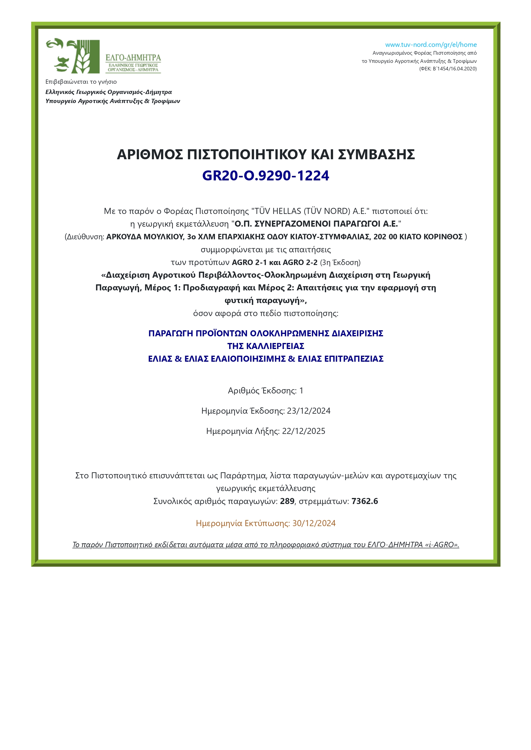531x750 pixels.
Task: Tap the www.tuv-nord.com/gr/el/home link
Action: [430, 45]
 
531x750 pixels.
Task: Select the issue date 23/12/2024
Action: [308, 411]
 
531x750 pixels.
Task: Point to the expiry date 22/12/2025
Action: [304, 431]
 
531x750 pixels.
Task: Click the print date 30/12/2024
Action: [314, 523]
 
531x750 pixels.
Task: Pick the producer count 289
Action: [287, 501]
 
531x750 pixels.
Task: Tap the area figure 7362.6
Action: [364, 501]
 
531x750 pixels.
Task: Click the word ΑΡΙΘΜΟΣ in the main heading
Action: [150, 154]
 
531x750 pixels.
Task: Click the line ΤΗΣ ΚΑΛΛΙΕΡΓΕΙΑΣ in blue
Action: [266, 346]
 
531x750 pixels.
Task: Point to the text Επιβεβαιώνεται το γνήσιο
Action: [81, 82]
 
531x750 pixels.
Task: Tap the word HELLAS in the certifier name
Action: [288, 211]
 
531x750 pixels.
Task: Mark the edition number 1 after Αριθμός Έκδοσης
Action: [301, 390]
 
